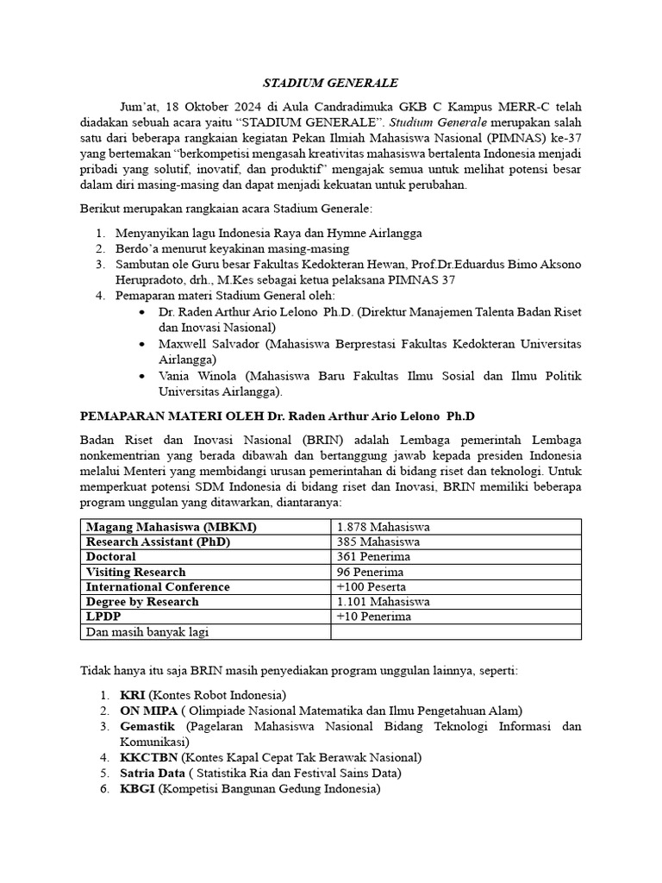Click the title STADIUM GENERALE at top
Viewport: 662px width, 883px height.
coord(330,83)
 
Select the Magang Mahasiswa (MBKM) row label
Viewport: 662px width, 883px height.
coord(171,527)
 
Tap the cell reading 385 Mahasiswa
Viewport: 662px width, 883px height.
coord(378,542)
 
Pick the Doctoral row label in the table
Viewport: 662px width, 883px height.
coord(111,557)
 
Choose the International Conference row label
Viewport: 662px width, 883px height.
coord(158,586)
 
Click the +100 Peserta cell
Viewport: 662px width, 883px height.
coord(372,586)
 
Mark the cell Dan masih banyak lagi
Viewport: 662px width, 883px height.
coord(147,632)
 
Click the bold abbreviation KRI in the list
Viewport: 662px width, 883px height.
coord(133,695)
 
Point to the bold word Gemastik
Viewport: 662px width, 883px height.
coord(148,726)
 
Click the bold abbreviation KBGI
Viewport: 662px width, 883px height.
coord(137,788)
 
